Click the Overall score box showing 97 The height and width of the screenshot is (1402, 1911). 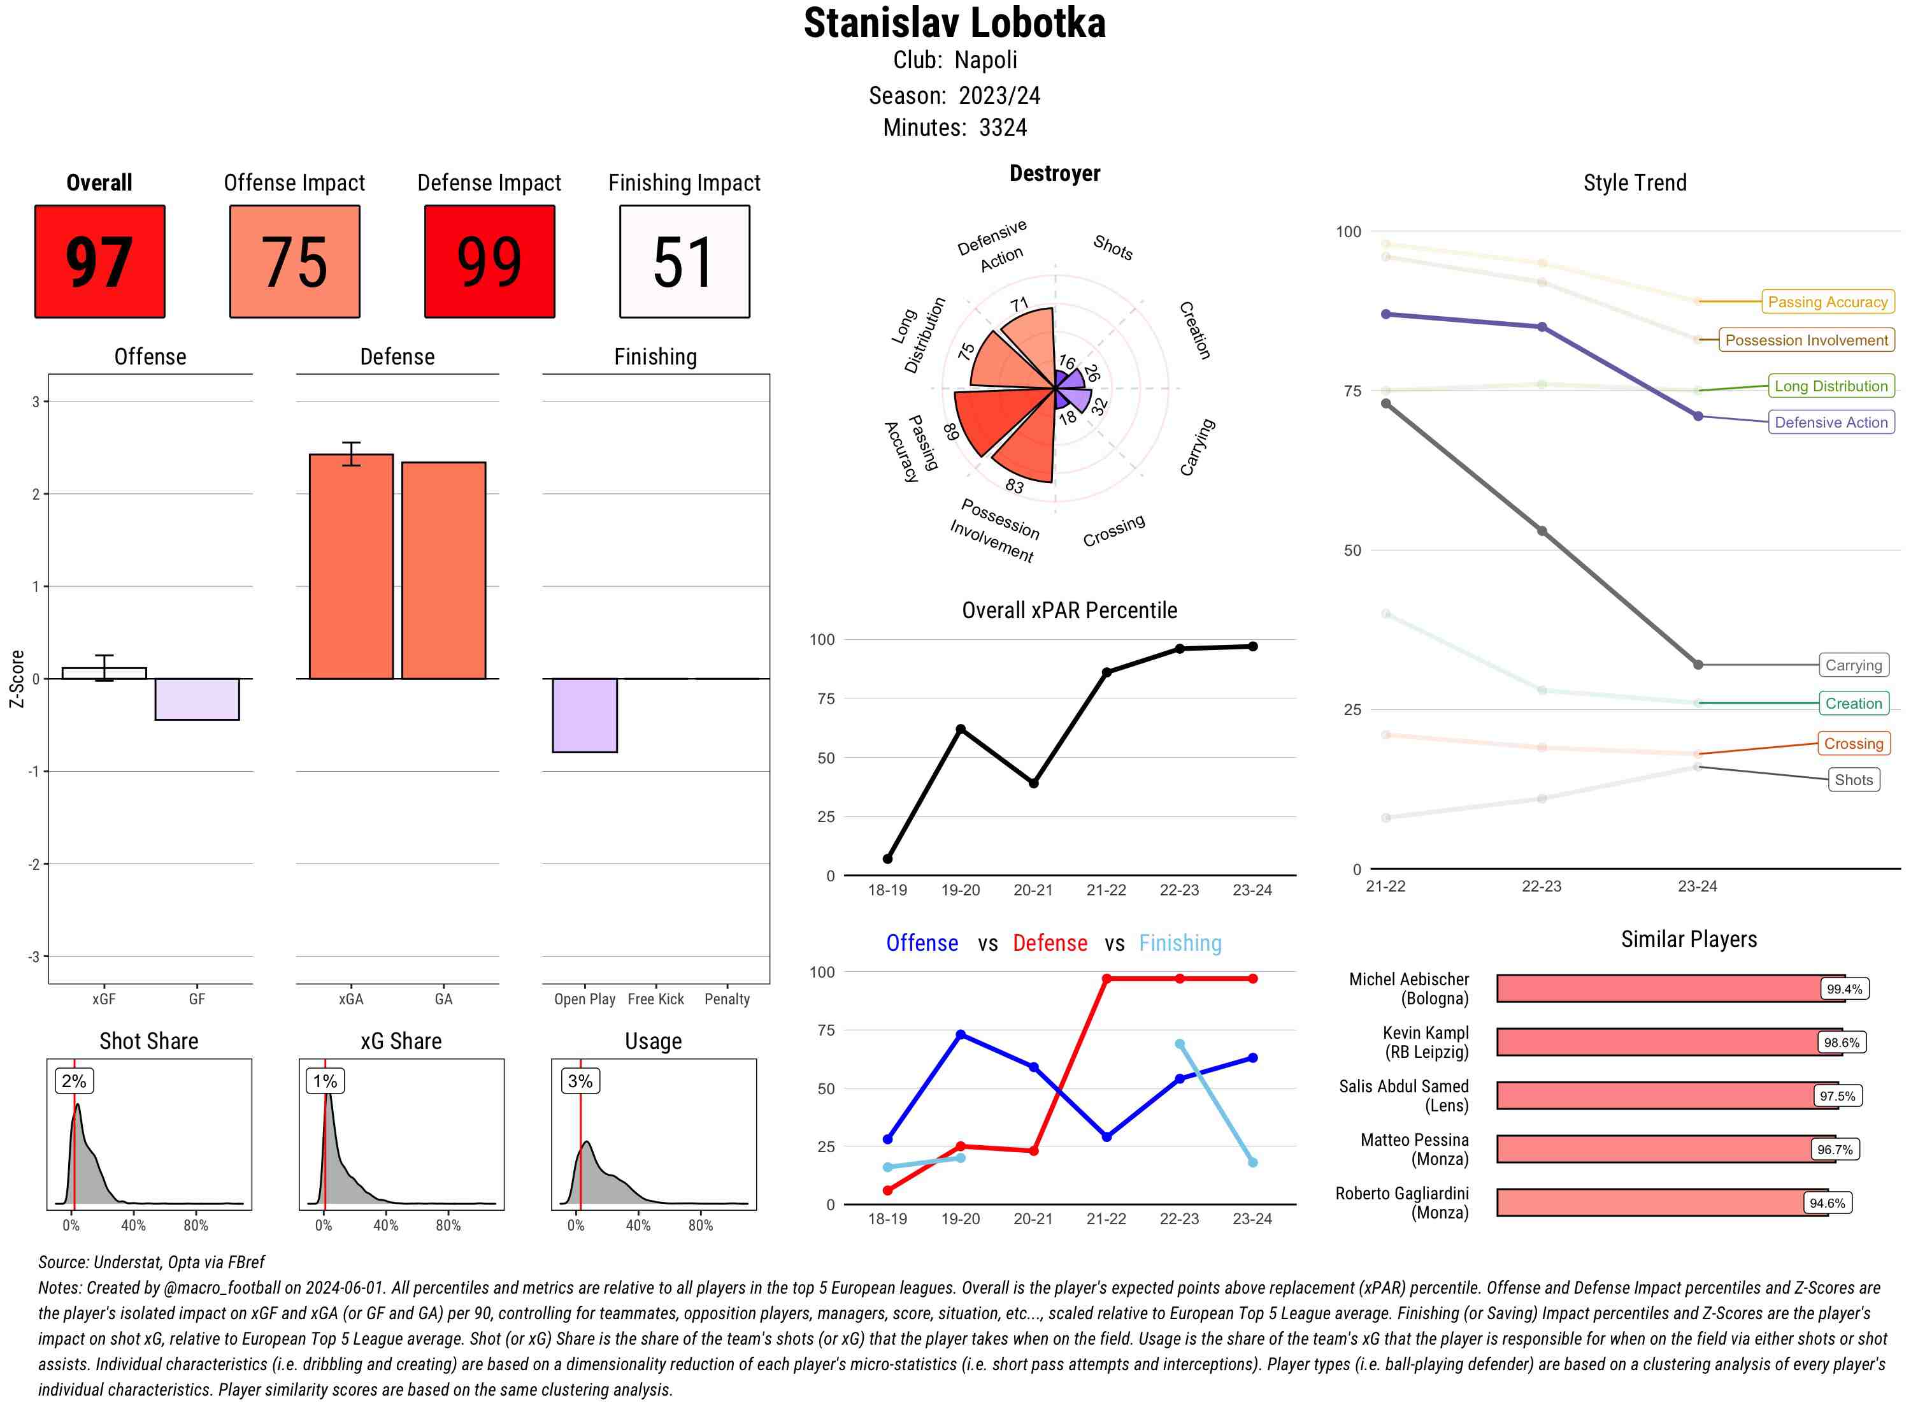coord(99,261)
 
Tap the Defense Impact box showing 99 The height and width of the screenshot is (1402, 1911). coord(489,261)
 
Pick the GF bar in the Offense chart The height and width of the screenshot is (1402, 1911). coord(197,699)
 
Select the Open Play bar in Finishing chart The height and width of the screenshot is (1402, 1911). coord(584,716)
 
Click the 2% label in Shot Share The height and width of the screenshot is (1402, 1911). coord(74,1081)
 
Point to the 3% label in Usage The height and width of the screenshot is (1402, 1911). coord(580,1081)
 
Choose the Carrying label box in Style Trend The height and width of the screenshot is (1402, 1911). coord(1853,665)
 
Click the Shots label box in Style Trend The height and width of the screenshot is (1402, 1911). coord(1853,780)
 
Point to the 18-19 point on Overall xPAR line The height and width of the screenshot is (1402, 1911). coord(887,859)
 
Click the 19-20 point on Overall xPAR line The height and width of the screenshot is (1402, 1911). coord(960,729)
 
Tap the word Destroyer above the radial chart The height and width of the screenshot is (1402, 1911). coord(1054,173)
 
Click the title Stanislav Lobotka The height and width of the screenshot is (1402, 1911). coord(954,23)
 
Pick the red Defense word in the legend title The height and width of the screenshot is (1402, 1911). coord(1049,943)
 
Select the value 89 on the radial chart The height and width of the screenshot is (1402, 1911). coord(951,432)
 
